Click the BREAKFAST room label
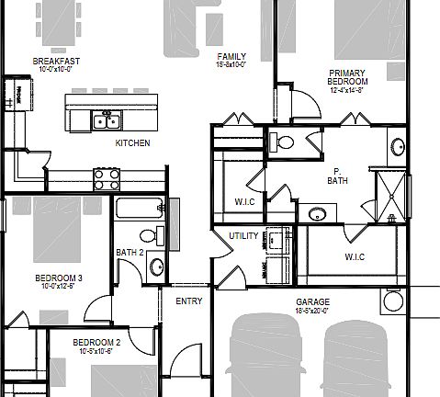(x=57, y=62)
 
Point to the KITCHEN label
(x=132, y=143)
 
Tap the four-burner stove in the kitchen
(x=106, y=176)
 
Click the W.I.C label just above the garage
(x=355, y=256)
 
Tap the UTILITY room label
(x=243, y=236)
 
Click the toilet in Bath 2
(x=159, y=234)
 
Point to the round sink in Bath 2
(x=156, y=267)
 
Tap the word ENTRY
(x=188, y=301)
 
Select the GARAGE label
(x=312, y=301)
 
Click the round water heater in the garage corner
(x=393, y=301)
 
